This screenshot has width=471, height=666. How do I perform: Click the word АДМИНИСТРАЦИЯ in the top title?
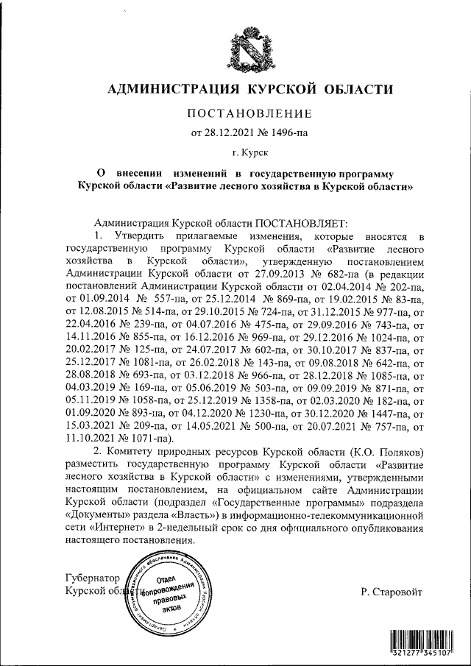[x=171, y=90]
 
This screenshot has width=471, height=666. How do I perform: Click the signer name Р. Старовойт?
[x=392, y=591]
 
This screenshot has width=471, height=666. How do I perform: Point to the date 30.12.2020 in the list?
[x=321, y=410]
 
